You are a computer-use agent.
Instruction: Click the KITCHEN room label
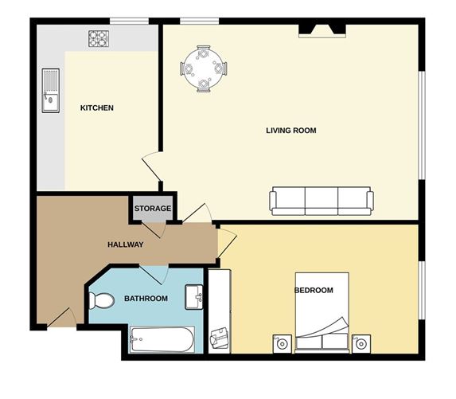click(x=97, y=108)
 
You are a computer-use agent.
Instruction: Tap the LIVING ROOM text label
click(x=291, y=130)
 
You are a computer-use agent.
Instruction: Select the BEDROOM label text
click(x=314, y=290)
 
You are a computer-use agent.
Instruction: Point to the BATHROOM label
click(x=146, y=299)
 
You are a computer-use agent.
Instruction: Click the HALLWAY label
click(x=126, y=244)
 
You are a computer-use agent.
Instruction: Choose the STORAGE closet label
click(x=152, y=209)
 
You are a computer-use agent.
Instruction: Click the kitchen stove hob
click(x=98, y=37)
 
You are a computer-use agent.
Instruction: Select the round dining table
click(x=205, y=68)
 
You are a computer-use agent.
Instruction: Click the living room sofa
click(x=322, y=201)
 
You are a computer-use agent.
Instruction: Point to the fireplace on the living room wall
click(x=322, y=31)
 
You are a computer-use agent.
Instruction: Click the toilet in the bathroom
click(x=101, y=300)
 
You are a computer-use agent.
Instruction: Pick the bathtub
click(x=162, y=340)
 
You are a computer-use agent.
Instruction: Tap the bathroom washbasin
click(x=194, y=296)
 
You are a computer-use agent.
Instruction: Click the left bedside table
click(x=282, y=342)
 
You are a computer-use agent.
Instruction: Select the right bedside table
click(x=362, y=342)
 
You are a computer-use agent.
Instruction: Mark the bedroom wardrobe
click(x=219, y=311)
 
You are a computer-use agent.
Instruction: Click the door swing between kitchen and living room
click(x=151, y=166)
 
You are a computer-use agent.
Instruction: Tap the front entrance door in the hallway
click(x=62, y=317)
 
